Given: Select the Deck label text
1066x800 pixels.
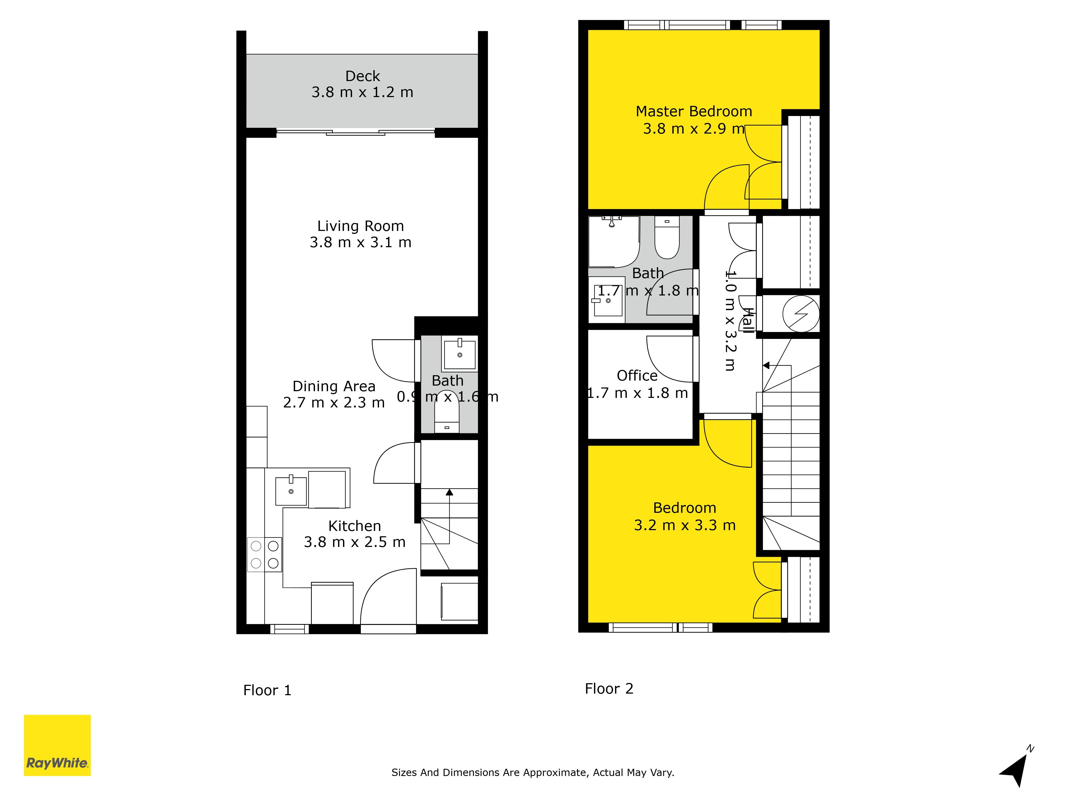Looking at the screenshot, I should (x=362, y=76).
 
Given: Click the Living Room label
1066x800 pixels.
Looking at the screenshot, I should (x=361, y=226).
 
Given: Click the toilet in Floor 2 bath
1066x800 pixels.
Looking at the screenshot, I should (x=667, y=239).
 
